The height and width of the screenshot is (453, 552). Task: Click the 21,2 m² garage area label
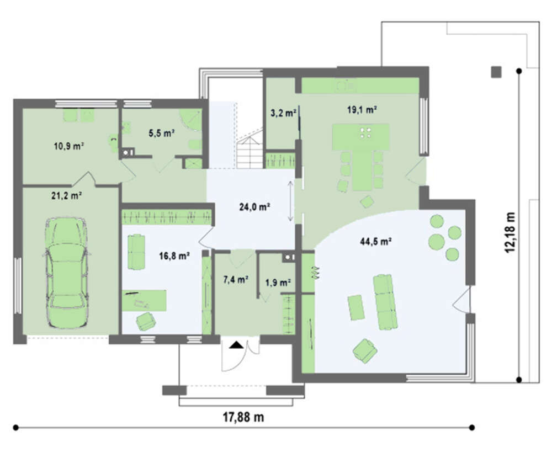67,195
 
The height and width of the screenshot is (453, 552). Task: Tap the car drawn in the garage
67,273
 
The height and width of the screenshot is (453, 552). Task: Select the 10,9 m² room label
68,146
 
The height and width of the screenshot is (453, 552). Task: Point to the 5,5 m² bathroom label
162,133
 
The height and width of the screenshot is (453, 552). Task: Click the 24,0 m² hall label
254,207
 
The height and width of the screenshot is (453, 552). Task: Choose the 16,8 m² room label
174,256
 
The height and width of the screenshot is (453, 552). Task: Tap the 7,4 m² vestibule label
236,280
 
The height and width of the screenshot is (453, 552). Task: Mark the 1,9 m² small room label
278,283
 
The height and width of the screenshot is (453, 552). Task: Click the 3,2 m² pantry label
283,113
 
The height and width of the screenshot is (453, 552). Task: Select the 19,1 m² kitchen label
362,110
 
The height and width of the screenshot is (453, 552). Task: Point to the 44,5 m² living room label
376,242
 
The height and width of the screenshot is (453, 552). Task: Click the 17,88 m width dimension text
243,418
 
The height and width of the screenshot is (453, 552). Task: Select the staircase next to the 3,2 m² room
250,149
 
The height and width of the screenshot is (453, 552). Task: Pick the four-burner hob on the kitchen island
365,132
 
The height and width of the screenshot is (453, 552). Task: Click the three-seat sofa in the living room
385,302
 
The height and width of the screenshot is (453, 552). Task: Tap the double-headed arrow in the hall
290,201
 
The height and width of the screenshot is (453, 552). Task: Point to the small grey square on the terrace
496,72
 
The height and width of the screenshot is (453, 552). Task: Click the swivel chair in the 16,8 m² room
146,321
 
